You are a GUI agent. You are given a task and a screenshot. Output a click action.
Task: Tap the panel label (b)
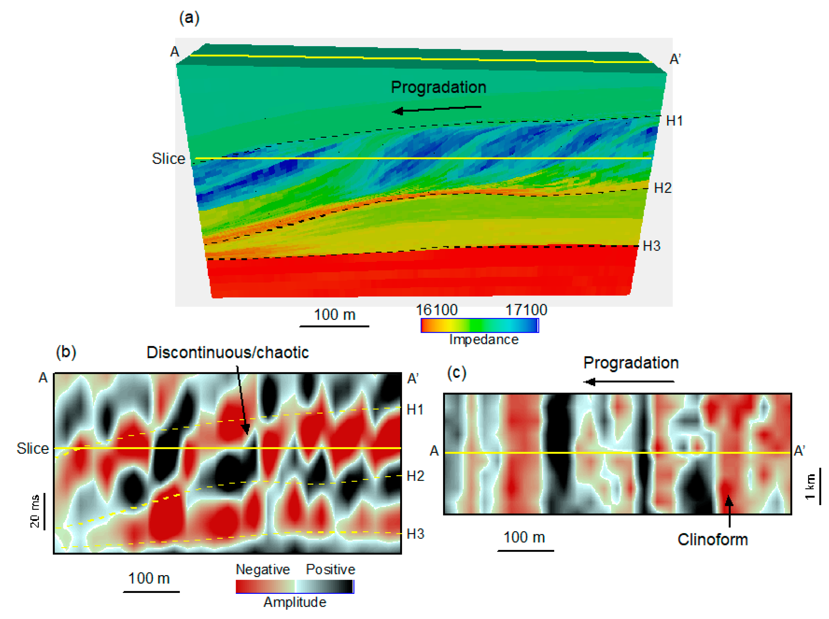coord(66,352)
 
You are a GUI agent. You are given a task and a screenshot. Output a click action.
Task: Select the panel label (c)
coord(457,373)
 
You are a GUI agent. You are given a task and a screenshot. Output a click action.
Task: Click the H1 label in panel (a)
coord(674,121)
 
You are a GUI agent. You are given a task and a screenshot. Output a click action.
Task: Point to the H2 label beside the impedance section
coord(662,188)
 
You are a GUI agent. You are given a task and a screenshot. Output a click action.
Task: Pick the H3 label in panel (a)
coord(651,246)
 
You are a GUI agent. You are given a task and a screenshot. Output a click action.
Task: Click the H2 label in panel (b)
coord(415,476)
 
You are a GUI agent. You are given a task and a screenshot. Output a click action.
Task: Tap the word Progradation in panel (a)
coord(438,87)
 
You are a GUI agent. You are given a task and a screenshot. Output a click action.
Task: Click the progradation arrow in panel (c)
coord(628,382)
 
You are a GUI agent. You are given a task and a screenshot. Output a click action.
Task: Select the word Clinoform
coord(712,540)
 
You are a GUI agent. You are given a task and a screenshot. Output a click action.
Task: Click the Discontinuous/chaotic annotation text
coord(227,352)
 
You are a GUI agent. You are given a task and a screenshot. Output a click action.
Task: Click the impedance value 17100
coord(526,310)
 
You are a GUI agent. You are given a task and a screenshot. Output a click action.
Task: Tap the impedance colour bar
coord(479,325)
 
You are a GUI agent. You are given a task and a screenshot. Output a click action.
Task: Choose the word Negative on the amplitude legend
coord(262,569)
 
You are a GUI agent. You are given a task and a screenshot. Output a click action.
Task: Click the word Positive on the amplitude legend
coord(330,569)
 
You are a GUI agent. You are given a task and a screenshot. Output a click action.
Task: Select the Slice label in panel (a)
coord(168,158)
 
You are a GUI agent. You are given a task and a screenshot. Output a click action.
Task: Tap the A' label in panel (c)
coord(799,450)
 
